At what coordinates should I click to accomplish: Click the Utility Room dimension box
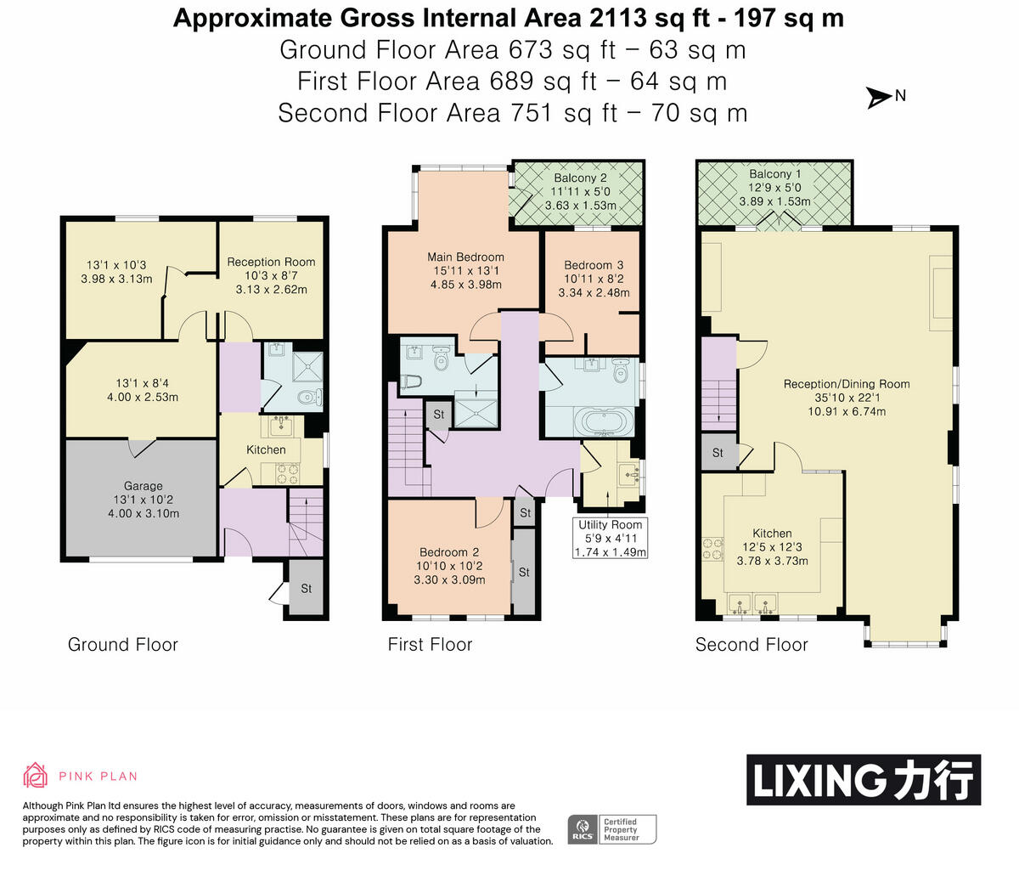click(611, 538)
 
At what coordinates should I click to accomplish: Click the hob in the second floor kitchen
click(712, 549)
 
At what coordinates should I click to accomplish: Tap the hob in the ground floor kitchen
click(287, 474)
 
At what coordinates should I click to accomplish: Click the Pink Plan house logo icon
click(36, 775)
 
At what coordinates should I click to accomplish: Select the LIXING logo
click(864, 780)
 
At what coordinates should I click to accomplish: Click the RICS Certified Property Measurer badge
click(612, 829)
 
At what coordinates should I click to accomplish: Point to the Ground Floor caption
click(123, 645)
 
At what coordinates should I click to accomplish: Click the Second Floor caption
click(752, 645)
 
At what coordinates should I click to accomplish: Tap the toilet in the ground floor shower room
click(311, 396)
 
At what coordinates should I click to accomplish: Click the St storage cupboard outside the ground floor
click(307, 588)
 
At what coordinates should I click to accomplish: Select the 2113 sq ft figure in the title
click(650, 19)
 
